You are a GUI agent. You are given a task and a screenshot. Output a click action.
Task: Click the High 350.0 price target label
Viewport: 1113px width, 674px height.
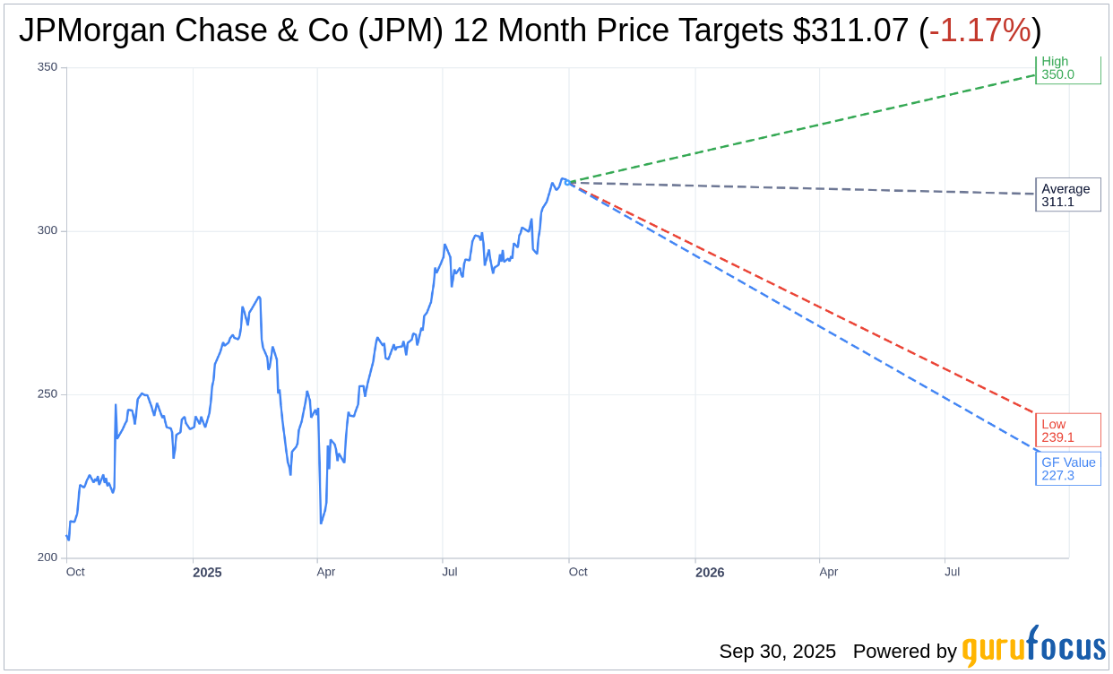[x=1067, y=69]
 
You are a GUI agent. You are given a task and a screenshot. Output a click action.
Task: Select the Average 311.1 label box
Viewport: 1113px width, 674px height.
[x=1067, y=195]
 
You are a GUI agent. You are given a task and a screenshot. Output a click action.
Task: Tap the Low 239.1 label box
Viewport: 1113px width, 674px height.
[x=1067, y=430]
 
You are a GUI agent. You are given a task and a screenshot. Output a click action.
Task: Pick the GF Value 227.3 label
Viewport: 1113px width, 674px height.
[x=1068, y=469]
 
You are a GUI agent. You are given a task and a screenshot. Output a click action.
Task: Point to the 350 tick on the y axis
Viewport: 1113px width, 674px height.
[x=47, y=67]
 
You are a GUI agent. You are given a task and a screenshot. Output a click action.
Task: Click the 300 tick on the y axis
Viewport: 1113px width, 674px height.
[x=47, y=230]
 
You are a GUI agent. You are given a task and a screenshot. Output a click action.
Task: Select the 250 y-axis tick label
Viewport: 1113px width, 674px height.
[x=47, y=394]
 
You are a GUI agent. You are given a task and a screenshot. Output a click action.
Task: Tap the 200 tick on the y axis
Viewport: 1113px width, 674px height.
[x=47, y=557]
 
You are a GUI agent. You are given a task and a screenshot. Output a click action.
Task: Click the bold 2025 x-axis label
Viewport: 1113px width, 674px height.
[x=207, y=572]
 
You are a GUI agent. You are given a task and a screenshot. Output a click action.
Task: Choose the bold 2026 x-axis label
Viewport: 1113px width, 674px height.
[x=710, y=572]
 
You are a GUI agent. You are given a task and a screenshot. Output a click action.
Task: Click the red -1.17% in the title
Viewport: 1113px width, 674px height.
[x=979, y=30]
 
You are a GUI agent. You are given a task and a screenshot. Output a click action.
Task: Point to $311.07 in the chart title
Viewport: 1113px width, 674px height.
[x=850, y=30]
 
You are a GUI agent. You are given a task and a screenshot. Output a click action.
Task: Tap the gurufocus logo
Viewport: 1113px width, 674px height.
[x=1033, y=647]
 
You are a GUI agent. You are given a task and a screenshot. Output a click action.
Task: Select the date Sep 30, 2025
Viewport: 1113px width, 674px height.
[x=777, y=652]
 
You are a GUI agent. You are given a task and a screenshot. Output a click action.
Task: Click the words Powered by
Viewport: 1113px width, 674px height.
[x=904, y=652]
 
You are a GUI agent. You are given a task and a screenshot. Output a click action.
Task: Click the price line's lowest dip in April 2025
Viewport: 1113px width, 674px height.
[x=321, y=523]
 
